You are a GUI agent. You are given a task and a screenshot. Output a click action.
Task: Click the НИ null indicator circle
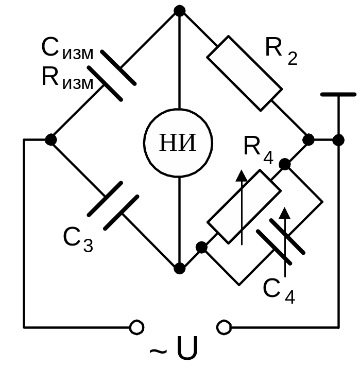(178, 143)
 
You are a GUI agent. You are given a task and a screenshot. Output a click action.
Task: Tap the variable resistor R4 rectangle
(244, 207)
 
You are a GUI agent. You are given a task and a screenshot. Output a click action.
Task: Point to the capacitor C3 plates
(113, 205)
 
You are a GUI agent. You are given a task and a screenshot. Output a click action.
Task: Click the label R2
(281, 50)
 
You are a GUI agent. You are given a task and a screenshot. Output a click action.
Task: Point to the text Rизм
(67, 79)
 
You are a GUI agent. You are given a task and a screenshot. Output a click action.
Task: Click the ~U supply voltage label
(174, 350)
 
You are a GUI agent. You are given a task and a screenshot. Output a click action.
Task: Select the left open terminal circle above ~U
(136, 326)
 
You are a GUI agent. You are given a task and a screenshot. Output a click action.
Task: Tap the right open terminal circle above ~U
(224, 326)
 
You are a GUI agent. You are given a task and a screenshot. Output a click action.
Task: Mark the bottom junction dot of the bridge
(179, 268)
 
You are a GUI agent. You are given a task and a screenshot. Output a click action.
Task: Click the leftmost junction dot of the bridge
(50, 139)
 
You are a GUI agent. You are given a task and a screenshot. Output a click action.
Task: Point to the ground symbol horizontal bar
(338, 95)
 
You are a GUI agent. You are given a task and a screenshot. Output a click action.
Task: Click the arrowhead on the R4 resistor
(241, 176)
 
